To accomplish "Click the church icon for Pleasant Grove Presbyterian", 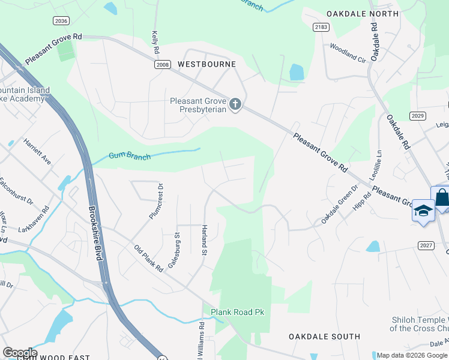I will (235, 105).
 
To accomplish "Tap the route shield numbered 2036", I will (61, 21).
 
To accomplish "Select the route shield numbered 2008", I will (162, 65).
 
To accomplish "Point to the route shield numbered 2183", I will (321, 28).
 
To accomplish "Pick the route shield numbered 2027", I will (426, 245).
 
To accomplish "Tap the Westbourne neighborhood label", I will (206, 64).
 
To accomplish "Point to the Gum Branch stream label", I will (127, 156).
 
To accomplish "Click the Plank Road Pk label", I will (237, 312).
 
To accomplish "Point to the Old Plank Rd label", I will (148, 259).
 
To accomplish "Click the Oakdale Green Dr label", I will (339, 204).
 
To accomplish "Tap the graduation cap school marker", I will (424, 212).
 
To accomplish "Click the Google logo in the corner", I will (20, 353).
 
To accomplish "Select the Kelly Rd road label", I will (155, 41).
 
